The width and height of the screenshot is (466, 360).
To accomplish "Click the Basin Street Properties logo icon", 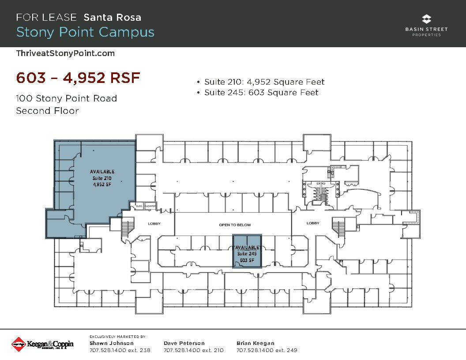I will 426,19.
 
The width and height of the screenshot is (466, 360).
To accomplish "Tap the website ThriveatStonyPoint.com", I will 65,53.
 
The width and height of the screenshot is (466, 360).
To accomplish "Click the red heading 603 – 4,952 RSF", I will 78,78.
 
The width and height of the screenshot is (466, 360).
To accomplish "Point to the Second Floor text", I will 47,111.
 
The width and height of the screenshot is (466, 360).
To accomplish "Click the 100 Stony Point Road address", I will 67,98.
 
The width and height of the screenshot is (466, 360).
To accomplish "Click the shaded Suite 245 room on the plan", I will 247,251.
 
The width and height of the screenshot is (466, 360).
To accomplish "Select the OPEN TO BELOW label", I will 235,225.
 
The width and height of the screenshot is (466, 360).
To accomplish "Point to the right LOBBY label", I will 313,223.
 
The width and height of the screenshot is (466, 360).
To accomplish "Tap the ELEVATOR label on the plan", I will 150,206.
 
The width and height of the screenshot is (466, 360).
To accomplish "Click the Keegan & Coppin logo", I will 42,344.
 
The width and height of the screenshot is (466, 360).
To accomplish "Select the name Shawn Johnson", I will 112,343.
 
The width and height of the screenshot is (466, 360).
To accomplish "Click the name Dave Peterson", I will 184,343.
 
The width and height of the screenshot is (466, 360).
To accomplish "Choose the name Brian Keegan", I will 256,343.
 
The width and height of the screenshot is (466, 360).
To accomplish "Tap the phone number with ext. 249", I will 267,351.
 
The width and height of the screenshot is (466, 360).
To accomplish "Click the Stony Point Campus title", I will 85,32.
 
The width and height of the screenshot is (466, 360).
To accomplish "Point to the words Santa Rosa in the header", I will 113,18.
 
